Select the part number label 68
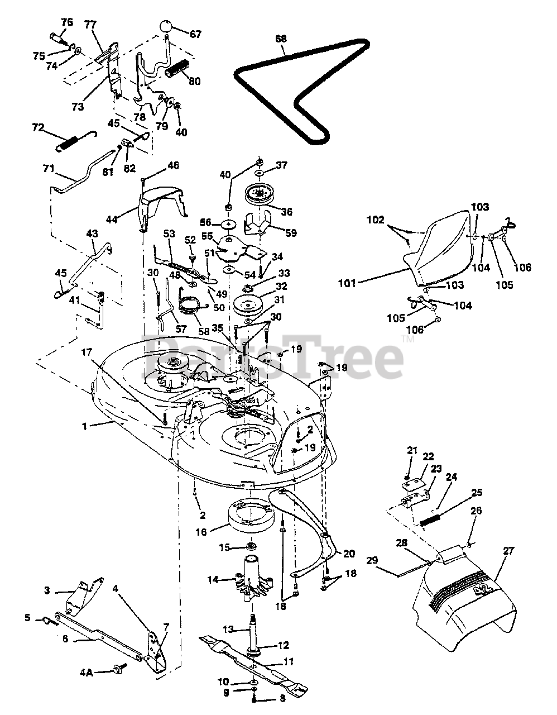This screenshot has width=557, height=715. click(281, 39)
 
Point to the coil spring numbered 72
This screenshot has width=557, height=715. click(77, 141)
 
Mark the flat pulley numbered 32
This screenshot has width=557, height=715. click(249, 304)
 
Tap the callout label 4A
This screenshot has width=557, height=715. click(87, 673)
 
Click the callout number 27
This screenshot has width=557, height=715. click(508, 550)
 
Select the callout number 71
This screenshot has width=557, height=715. click(48, 169)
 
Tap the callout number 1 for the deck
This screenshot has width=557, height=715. click(85, 427)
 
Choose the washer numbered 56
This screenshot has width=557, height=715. click(229, 224)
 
